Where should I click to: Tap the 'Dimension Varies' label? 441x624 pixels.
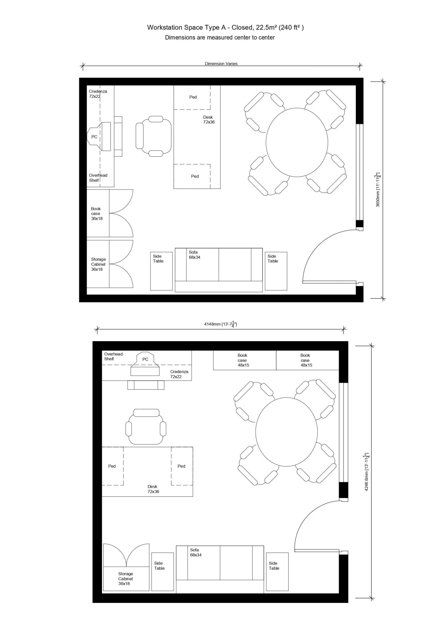click(x=221, y=64)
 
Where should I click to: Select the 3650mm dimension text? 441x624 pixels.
click(x=378, y=190)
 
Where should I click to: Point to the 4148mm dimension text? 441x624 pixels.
click(x=220, y=324)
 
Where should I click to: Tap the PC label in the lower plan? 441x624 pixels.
click(x=145, y=359)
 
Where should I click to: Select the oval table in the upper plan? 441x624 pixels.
click(x=297, y=142)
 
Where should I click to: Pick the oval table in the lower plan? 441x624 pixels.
click(x=286, y=432)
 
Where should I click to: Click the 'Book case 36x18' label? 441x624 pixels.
click(x=97, y=214)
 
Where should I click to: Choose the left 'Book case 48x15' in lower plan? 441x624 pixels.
click(x=243, y=360)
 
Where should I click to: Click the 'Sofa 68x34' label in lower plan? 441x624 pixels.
click(x=195, y=552)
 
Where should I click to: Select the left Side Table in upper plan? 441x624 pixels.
click(x=161, y=271)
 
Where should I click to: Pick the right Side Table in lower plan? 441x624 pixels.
click(x=277, y=572)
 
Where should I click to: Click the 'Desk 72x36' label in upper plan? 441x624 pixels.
click(x=209, y=120)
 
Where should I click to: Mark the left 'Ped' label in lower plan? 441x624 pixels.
click(x=112, y=466)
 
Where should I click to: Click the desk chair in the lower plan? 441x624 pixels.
click(x=145, y=427)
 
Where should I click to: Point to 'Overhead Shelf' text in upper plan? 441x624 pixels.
click(x=98, y=178)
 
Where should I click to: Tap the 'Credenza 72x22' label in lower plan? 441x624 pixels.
click(x=179, y=374)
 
